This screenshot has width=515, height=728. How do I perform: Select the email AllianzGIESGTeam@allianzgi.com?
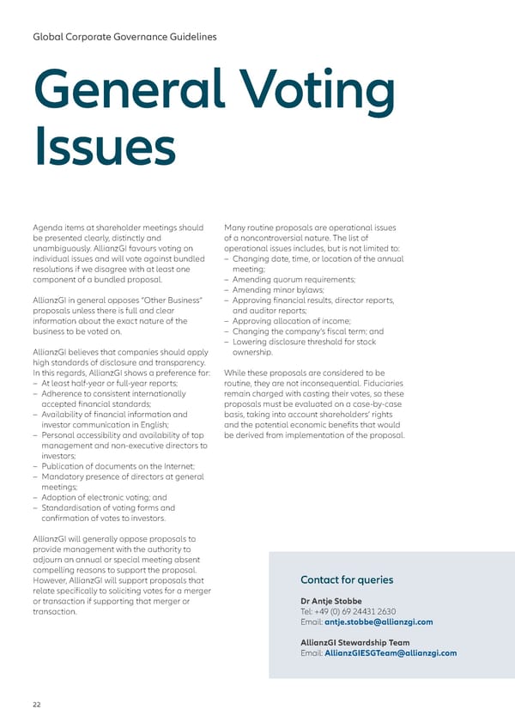tap(391, 652)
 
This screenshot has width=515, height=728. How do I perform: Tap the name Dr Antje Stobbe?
tap(331, 600)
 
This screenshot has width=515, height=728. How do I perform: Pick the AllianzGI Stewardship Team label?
tap(354, 642)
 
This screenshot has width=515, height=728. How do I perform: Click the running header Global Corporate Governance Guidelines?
tap(124, 37)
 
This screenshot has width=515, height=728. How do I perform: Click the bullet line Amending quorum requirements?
tap(294, 279)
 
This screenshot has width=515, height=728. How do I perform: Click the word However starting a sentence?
tap(50, 581)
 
